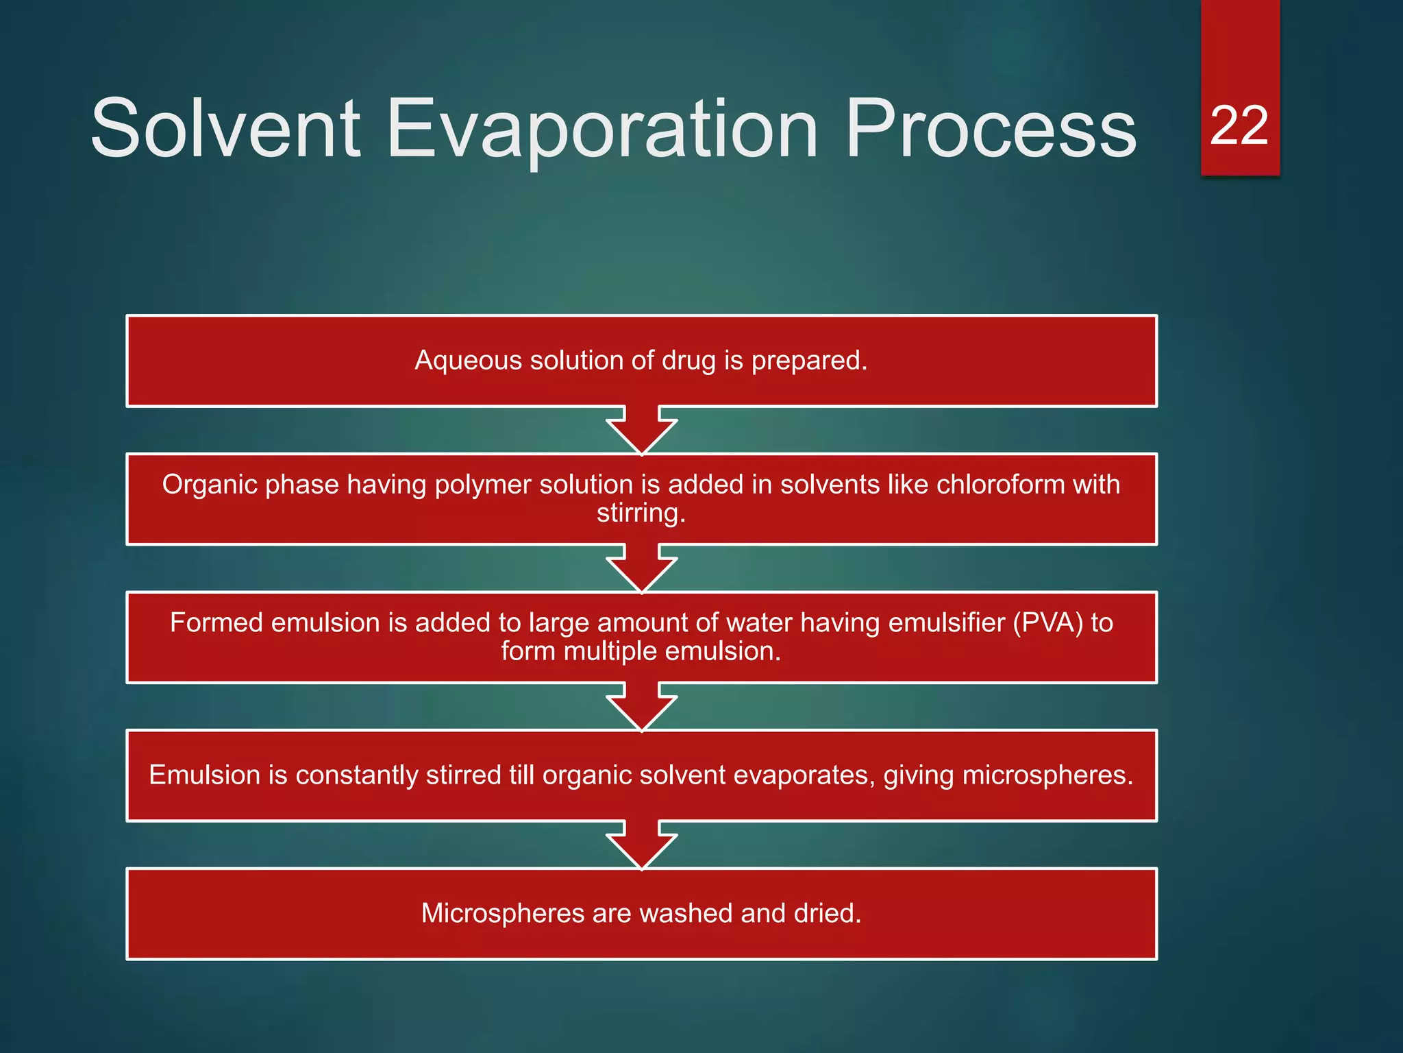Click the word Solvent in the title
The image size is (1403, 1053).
click(225, 128)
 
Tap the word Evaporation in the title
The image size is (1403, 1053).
click(602, 128)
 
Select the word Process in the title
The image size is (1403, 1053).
click(991, 128)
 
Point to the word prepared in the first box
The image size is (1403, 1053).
click(809, 361)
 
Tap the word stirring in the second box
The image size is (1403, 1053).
click(641, 513)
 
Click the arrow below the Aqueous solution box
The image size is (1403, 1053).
click(641, 431)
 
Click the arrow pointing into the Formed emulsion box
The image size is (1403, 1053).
click(641, 568)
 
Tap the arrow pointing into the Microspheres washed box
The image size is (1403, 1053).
click(641, 845)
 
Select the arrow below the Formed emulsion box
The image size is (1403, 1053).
click(641, 707)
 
